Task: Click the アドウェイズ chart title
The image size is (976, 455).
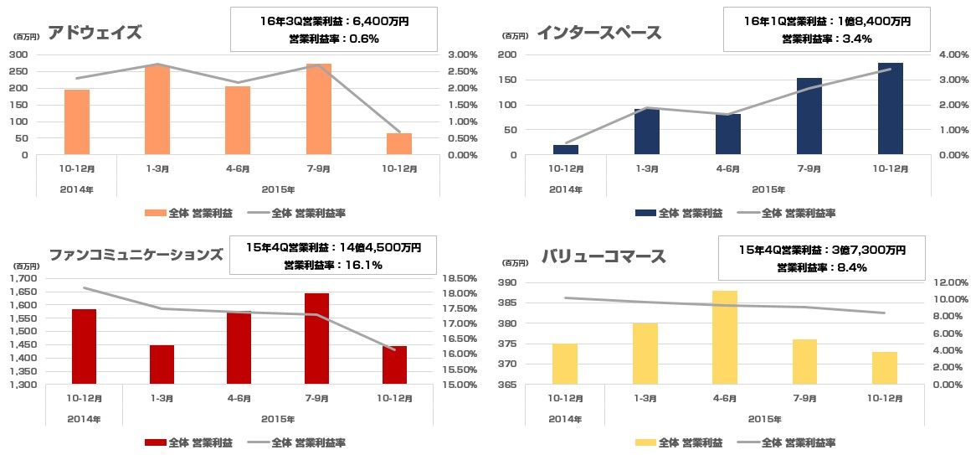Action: point(95,33)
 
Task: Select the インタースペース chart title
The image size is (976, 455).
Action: point(599,33)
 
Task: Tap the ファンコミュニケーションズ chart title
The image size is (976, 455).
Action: point(136,255)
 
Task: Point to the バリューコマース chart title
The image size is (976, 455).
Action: point(604,256)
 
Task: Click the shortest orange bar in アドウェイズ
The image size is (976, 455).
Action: point(399,144)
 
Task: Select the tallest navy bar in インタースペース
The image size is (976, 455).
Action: point(891,109)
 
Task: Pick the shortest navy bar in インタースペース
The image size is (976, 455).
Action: point(566,150)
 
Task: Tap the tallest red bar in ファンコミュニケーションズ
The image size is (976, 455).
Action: point(317,339)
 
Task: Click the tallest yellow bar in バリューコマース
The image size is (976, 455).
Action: point(725,337)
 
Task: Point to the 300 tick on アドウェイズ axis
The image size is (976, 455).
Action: point(18,54)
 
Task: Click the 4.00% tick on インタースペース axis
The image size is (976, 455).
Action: point(943,54)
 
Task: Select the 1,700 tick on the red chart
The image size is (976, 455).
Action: point(25,278)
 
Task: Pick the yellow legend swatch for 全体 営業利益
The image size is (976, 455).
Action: point(645,442)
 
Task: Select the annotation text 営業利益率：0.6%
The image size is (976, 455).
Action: point(333,39)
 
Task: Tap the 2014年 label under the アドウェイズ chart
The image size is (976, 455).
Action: point(77,190)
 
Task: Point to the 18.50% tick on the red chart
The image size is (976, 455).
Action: point(459,278)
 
